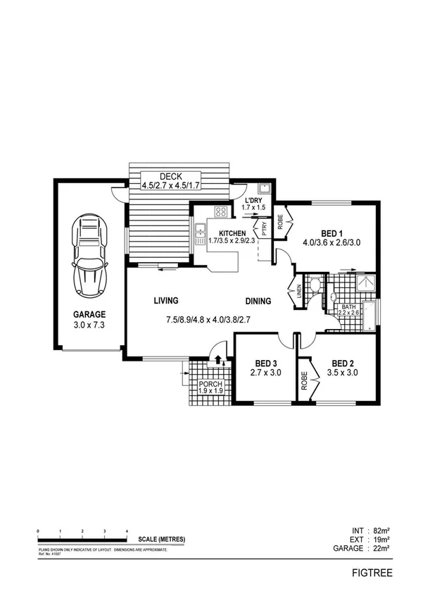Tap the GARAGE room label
(90, 314)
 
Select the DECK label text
(172, 176)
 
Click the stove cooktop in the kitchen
(221, 211)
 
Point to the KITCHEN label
(232, 233)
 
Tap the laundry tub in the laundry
(265, 189)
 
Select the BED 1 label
(331, 234)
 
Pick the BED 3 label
(266, 364)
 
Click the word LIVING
(167, 301)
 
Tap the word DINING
(259, 301)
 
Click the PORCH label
(210, 385)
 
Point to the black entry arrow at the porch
(217, 359)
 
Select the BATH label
(349, 306)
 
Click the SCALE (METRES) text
(162, 539)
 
